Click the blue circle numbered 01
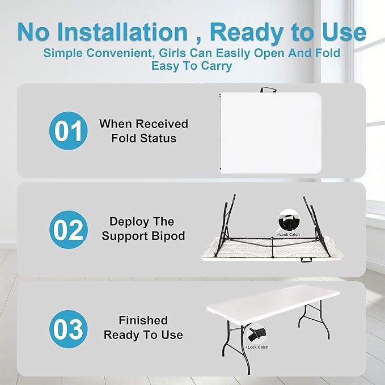click(x=68, y=130)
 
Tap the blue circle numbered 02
click(x=68, y=230)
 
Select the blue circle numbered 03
click(x=68, y=329)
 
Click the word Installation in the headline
click(x=123, y=32)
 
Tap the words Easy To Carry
click(x=192, y=66)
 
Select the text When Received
click(x=143, y=124)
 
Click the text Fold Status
click(x=143, y=138)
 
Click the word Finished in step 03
click(x=143, y=320)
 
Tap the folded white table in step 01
click(x=271, y=133)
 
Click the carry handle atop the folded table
click(x=268, y=90)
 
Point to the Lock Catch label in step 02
click(x=289, y=235)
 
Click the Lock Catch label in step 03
click(x=257, y=347)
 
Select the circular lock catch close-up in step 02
click(x=289, y=221)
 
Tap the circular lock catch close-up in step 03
click(x=257, y=334)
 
